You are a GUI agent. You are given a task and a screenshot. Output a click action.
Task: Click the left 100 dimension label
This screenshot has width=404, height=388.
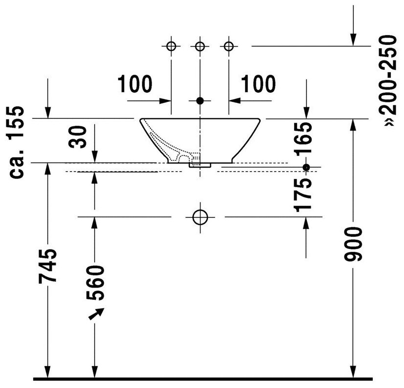coord(135,84)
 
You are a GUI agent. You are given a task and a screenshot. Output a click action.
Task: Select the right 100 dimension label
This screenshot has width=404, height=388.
coord(257,84)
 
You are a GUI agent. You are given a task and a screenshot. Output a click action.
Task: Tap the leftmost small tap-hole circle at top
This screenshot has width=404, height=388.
coord(171,46)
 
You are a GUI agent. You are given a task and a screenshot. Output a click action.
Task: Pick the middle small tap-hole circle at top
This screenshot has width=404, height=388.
coord(200,46)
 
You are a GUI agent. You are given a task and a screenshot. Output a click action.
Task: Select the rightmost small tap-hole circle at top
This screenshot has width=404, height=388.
coord(228,46)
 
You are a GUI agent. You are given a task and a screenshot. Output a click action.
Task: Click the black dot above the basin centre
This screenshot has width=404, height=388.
coord(200,101)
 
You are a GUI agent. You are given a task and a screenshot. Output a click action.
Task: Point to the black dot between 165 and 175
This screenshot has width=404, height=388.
coord(306,167)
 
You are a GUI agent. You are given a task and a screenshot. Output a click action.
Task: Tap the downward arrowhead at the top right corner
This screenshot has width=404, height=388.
coord(353,39)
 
